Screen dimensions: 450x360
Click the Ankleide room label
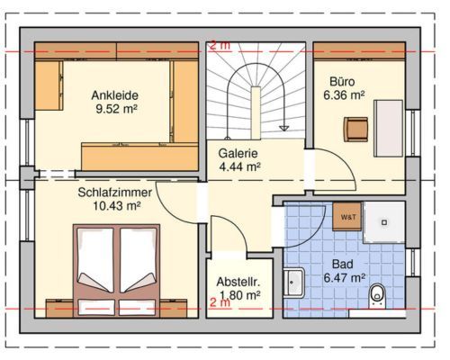click(x=115, y=95)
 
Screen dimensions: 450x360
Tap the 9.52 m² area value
click(x=116, y=109)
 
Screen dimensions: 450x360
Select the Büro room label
click(x=342, y=82)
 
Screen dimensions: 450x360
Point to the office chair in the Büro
click(x=355, y=130)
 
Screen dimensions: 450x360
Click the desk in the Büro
click(x=388, y=129)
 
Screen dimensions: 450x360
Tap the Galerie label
click(x=238, y=153)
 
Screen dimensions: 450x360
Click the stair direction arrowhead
click(x=283, y=128)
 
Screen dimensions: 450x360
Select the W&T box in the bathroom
click(x=347, y=217)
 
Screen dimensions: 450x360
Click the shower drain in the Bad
click(x=384, y=222)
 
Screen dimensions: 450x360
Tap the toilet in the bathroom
click(x=377, y=295)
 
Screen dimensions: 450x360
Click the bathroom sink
click(x=294, y=283)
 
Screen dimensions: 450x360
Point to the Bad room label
click(x=343, y=265)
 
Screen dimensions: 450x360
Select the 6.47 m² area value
click(x=345, y=278)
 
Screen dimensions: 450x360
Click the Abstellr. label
click(x=238, y=283)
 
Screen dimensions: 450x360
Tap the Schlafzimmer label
click(x=115, y=193)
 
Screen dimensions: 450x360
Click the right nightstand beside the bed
click(x=174, y=308)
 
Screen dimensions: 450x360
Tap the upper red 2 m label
click(x=220, y=46)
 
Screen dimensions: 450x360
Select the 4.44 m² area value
click(x=239, y=166)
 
